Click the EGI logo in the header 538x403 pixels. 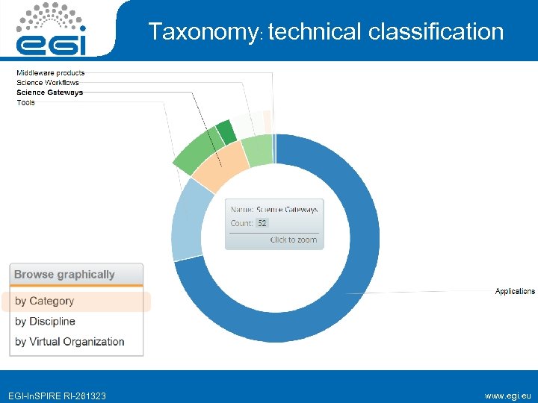point(52,30)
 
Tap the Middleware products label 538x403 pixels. point(51,73)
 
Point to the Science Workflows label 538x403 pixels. point(48,83)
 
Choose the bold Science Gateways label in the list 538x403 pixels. point(50,93)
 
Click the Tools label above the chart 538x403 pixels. point(26,102)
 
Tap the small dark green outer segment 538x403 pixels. point(226,133)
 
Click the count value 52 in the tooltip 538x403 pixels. point(262,223)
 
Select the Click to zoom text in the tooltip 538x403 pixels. point(294,240)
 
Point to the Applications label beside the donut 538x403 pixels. point(515,291)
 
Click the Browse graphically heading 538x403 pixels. point(65,275)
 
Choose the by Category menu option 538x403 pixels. point(45,302)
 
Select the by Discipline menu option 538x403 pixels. point(46,322)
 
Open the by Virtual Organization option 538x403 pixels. point(70,342)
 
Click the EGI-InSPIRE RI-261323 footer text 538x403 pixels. point(57,396)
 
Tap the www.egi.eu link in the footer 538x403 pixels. point(507,396)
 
